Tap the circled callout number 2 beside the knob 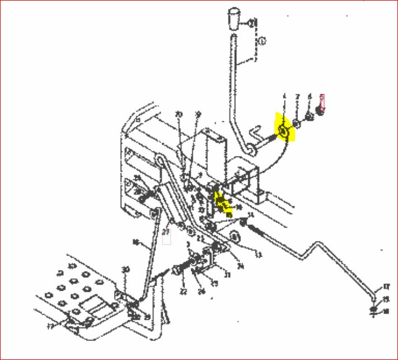click(x=252, y=23)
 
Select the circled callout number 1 click(x=263, y=41)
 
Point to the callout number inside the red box click(x=322, y=101)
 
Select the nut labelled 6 click(x=309, y=118)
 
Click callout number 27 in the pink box click(x=166, y=231)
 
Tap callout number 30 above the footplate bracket click(x=126, y=270)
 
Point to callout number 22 click(x=183, y=291)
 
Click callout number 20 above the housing click(x=179, y=115)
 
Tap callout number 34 click(x=241, y=266)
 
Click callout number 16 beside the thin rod click(x=135, y=243)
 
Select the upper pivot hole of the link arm click(x=160, y=162)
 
